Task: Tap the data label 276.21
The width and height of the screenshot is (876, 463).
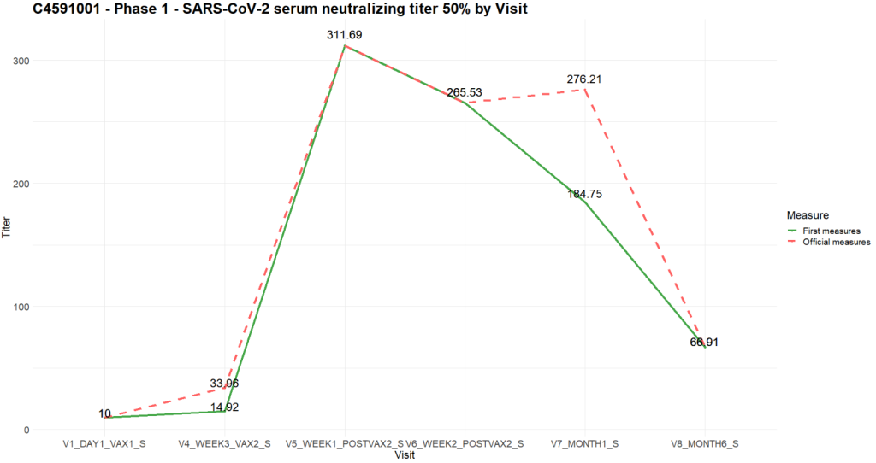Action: [585, 79]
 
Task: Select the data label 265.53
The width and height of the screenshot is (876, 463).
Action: [465, 92]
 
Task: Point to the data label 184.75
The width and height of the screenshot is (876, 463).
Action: [585, 194]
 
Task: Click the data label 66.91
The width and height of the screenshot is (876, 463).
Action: [706, 343]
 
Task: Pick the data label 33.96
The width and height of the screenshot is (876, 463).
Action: [225, 384]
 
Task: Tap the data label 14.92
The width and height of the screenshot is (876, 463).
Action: [225, 407]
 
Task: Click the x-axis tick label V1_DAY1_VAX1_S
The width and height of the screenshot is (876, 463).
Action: [104, 444]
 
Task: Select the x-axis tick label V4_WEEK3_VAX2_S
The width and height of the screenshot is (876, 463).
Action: [225, 444]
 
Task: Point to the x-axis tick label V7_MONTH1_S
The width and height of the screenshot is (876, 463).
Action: [586, 444]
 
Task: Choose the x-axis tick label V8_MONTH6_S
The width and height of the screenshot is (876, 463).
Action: [706, 444]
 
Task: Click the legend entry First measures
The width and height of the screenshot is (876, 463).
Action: [831, 231]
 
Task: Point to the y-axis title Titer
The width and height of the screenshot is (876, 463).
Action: [8, 228]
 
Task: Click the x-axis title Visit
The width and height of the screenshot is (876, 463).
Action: [405, 455]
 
